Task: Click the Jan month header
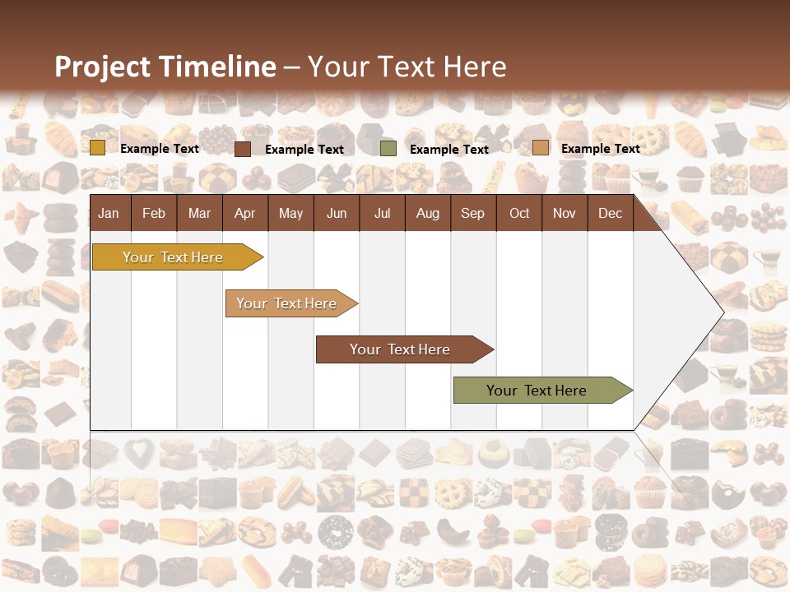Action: point(109,213)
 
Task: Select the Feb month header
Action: point(154,213)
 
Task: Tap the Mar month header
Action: point(199,213)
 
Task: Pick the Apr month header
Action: point(244,213)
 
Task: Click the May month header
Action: point(290,213)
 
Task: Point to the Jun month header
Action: point(337,213)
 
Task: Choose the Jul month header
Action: point(382,213)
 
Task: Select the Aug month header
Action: point(427,213)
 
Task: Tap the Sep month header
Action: point(472,213)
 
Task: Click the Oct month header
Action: point(519,213)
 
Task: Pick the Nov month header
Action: point(565,213)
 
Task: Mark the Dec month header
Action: point(610,213)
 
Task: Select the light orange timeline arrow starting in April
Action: point(288,303)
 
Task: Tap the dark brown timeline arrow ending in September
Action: point(402,349)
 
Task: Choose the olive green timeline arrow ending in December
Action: point(539,391)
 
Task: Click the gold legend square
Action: point(98,148)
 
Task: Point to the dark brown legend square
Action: point(243,149)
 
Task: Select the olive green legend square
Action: point(388,149)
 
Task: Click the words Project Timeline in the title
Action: point(165,67)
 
